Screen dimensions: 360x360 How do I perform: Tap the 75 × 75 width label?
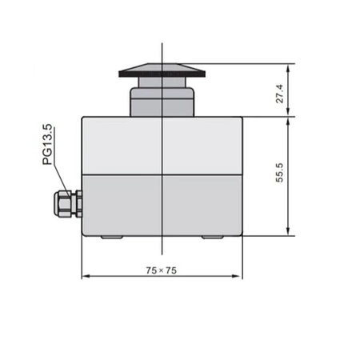pos(162,270)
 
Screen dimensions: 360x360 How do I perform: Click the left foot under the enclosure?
pos(111,238)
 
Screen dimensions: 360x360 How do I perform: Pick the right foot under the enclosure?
pos(213,238)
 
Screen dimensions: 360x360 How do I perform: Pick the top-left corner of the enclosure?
pos(82,117)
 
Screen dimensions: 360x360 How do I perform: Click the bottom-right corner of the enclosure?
pos(241,236)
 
